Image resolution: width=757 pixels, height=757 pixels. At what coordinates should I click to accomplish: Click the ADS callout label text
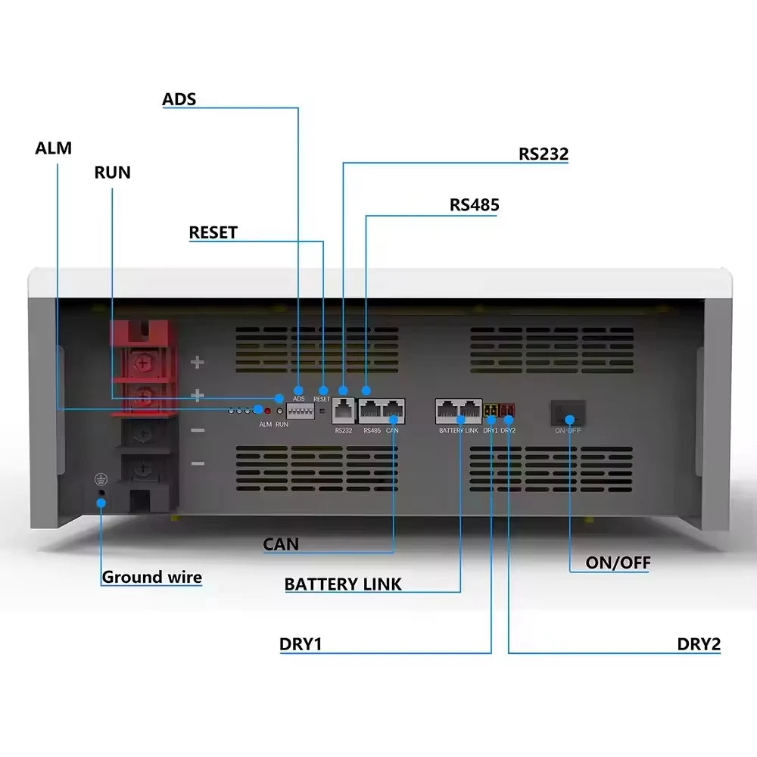179,99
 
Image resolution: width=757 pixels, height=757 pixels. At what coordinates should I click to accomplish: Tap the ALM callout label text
53,148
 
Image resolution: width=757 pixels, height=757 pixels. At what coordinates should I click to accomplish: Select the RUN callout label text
112,173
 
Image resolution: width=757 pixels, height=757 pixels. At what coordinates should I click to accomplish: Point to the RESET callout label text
213,232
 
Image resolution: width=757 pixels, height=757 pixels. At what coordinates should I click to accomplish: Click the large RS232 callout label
543,154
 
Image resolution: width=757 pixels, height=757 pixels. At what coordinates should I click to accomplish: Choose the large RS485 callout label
474,205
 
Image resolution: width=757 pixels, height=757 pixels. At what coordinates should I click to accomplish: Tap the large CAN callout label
281,544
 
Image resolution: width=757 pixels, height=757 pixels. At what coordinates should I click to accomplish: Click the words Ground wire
151,577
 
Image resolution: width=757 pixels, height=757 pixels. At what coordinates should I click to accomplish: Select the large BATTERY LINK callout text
343,584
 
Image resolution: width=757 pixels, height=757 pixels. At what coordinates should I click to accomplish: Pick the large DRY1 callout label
301,644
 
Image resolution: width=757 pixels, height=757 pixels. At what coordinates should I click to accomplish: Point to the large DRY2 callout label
698,644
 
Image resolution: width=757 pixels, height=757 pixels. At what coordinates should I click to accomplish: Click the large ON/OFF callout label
618,562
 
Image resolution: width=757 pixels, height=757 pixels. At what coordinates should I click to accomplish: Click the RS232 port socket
344,410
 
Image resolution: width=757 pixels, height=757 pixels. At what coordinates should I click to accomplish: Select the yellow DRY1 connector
491,412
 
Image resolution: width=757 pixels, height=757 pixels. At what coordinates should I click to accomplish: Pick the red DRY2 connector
507,412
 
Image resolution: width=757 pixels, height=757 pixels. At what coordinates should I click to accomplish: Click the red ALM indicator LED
267,410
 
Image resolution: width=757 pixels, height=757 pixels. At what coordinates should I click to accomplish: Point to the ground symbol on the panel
98,479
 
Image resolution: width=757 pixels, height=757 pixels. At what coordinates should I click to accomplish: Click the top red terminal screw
140,364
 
